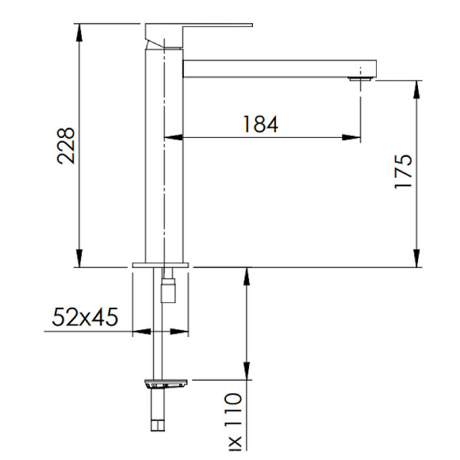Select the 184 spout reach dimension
click(259, 125)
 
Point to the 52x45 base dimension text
click(85, 318)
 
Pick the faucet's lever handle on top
click(198, 31)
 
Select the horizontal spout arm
click(278, 67)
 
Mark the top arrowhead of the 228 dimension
click(79, 30)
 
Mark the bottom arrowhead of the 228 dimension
click(79, 260)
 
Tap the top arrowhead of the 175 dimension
click(416, 86)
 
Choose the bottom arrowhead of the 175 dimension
click(416, 260)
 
